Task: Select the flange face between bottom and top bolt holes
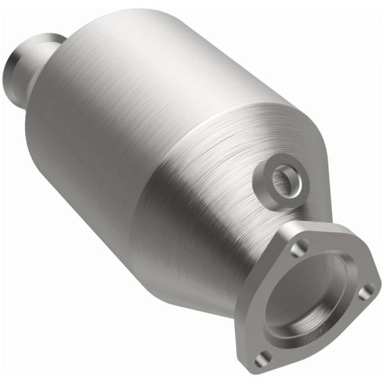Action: click(x=266, y=294)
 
